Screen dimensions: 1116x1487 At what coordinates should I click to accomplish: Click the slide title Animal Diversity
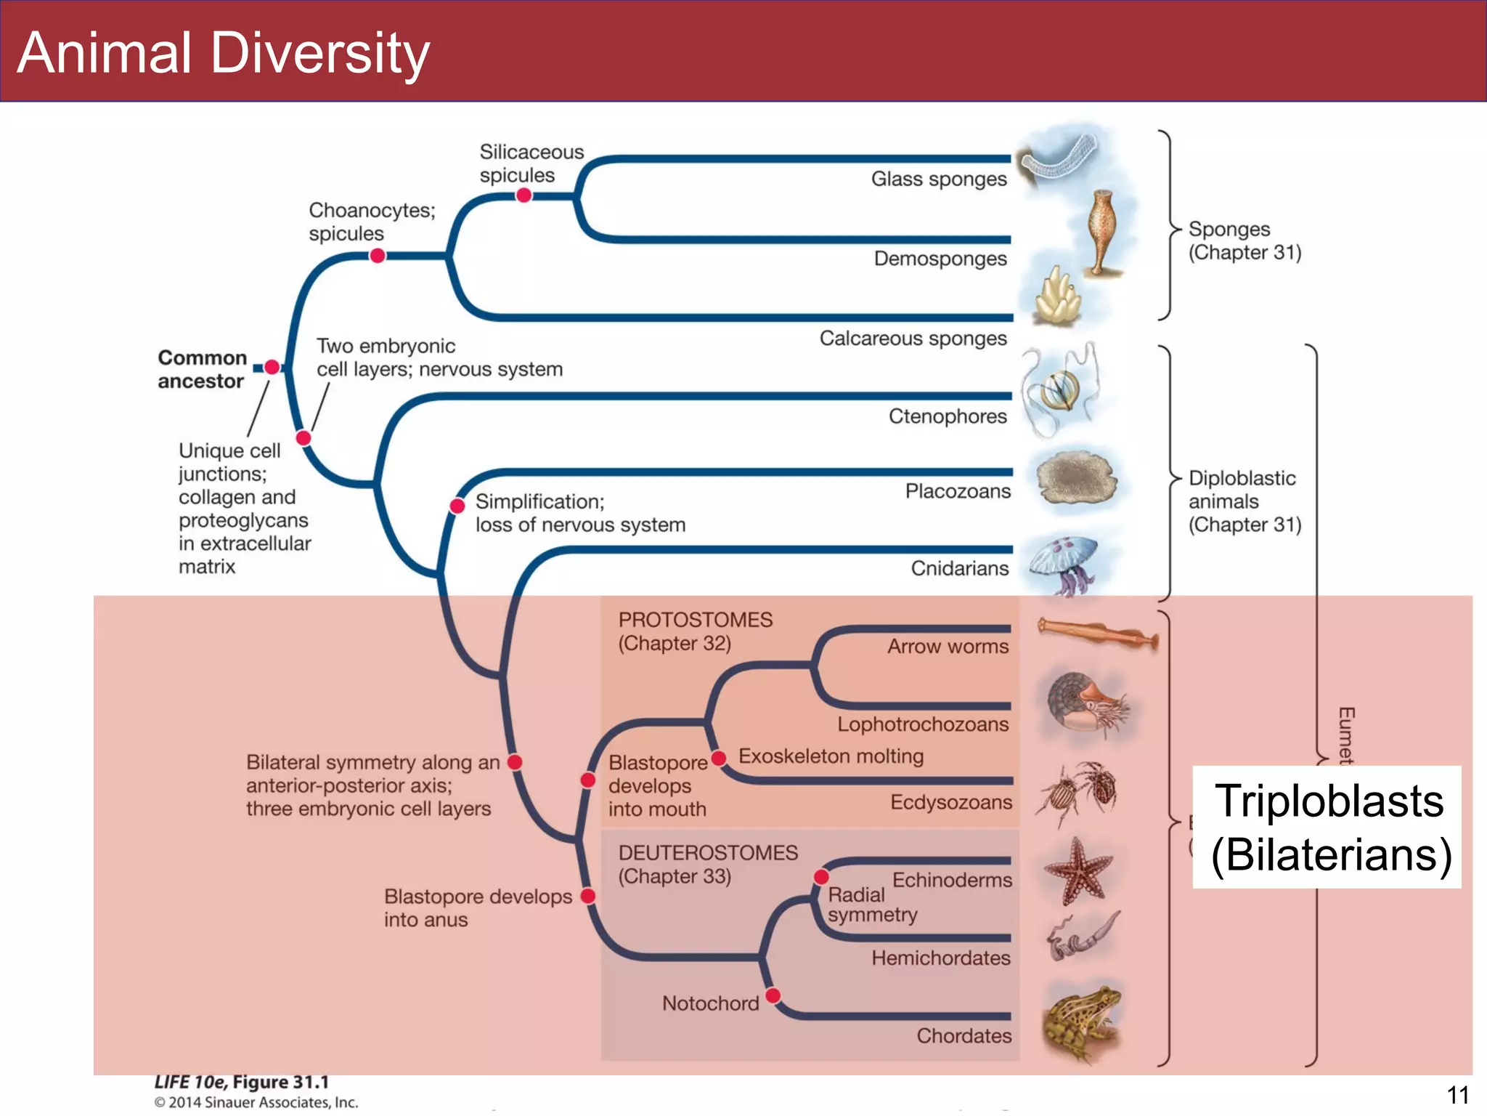(224, 54)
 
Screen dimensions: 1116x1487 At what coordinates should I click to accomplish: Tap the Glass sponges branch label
(938, 179)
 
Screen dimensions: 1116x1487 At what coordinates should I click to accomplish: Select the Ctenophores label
(948, 416)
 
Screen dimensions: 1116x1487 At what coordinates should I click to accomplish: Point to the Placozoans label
(957, 492)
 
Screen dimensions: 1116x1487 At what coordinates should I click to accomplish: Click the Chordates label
(964, 1036)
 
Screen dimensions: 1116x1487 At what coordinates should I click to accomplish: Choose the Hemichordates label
(940, 958)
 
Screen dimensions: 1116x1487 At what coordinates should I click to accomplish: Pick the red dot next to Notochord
(773, 995)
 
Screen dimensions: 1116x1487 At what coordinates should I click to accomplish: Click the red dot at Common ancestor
(272, 368)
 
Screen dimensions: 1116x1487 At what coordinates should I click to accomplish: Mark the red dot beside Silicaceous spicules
(523, 195)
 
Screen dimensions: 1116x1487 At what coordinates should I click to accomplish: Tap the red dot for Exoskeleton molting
(719, 759)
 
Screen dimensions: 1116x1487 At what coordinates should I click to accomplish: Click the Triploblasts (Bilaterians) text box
(1327, 827)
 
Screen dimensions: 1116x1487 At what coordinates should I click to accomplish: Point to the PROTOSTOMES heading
(695, 620)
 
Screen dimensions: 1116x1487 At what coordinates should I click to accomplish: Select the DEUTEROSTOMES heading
(707, 853)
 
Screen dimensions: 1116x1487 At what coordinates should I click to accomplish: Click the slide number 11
(1457, 1095)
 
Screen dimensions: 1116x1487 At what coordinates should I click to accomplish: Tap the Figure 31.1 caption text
(242, 1083)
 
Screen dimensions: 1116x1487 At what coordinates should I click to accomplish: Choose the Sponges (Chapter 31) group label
(1244, 240)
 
